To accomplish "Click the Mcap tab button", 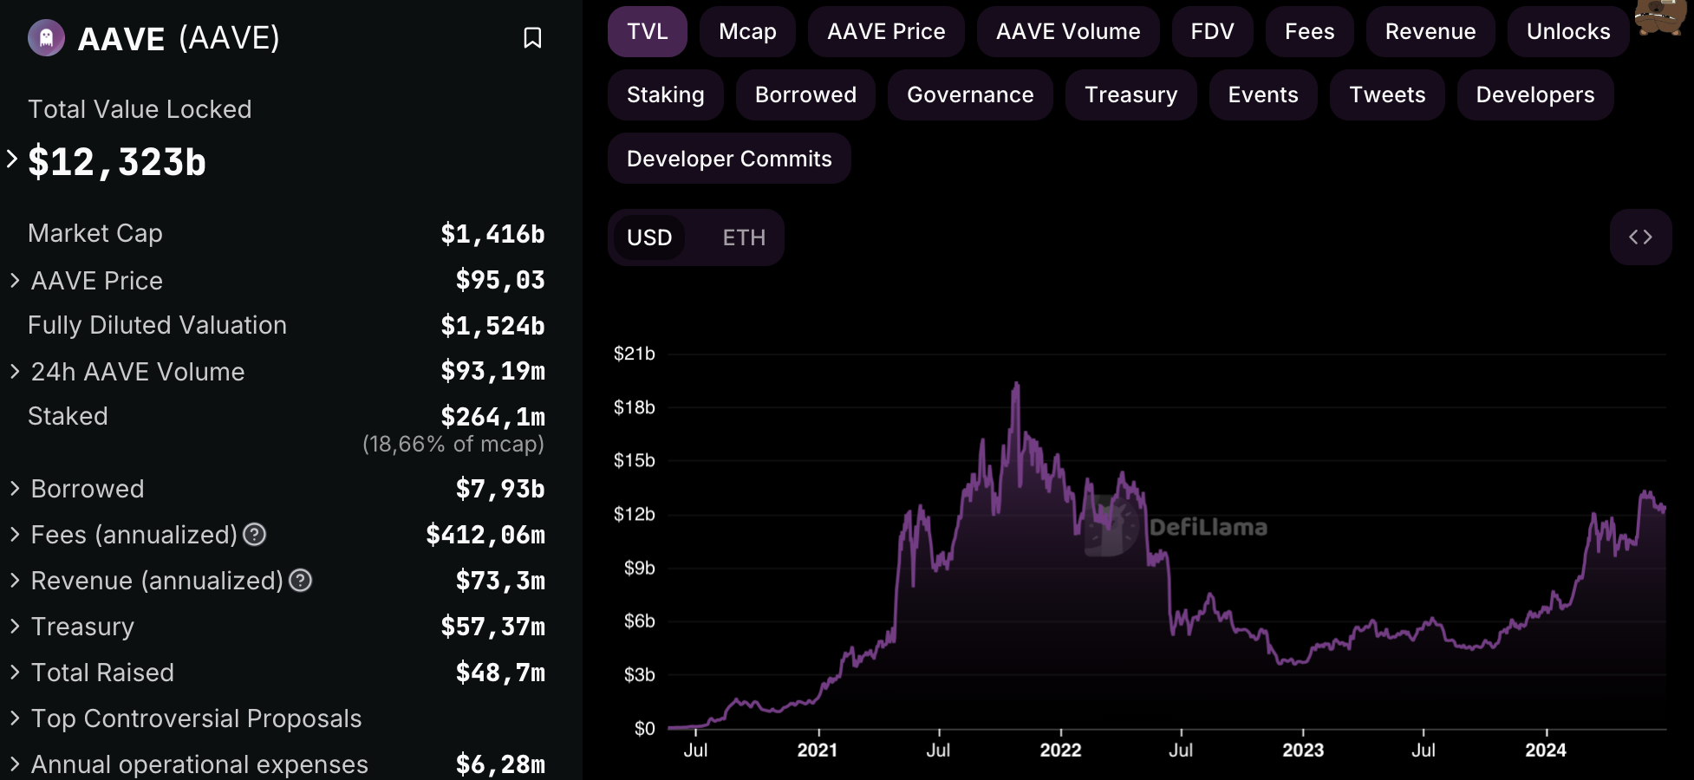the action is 747,32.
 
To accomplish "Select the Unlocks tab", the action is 1568,32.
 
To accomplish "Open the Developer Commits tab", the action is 729,159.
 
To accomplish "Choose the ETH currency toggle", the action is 744,237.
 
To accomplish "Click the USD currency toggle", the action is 649,237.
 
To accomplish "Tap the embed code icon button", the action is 1640,237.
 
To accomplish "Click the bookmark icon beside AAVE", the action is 532,38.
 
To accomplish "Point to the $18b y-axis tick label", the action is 635,407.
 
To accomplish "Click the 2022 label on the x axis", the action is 1060,751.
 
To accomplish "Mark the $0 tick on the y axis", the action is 644,729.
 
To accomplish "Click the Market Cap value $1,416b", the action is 492,234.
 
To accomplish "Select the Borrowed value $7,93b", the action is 500,489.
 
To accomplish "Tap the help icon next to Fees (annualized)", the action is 254,535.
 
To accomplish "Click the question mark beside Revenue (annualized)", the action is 300,581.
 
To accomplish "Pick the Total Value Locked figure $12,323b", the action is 117,162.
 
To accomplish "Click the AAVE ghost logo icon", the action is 46,38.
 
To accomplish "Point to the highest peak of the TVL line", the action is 1016,382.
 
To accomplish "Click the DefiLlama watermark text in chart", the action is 1208,527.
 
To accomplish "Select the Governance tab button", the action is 970,95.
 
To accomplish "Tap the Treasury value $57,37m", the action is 492,627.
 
